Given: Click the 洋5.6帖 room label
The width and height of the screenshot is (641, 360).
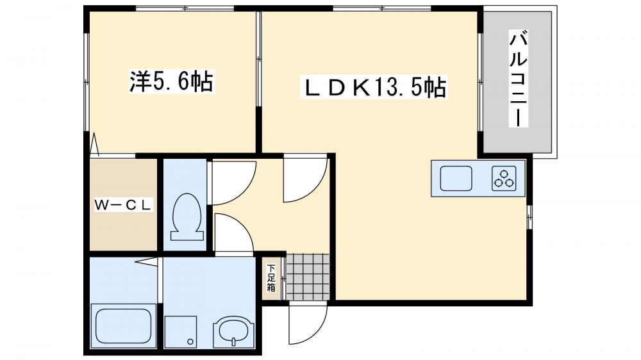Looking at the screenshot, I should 171,81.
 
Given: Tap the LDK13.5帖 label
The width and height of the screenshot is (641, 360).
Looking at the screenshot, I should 374,88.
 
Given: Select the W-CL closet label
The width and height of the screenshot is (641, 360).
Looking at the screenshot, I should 123,205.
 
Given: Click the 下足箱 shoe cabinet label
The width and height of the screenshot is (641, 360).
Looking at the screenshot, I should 271,277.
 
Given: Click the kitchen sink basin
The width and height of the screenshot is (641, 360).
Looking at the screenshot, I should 455,177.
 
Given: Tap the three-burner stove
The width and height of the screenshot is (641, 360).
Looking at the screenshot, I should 504,177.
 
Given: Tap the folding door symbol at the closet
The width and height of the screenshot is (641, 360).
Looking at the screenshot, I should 95,145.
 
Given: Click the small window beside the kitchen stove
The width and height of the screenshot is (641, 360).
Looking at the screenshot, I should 529,217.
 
